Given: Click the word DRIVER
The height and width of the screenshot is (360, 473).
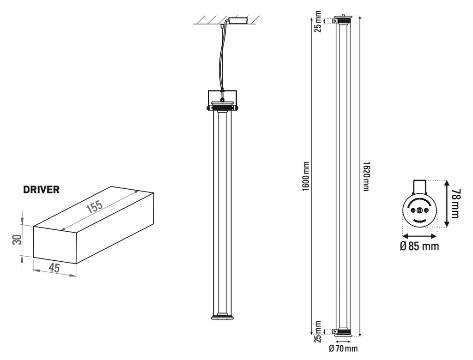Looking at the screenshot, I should [41, 190].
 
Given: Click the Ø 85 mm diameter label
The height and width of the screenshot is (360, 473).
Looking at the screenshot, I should [419, 246].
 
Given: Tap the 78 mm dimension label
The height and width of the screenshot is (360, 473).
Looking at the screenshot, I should [456, 204].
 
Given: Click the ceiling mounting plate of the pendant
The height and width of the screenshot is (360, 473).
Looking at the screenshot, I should [238, 20].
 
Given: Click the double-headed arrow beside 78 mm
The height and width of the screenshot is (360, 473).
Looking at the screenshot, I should [447, 204].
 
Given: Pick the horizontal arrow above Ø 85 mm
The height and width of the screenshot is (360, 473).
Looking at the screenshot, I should [419, 234].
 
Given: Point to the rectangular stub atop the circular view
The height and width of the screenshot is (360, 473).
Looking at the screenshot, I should [420, 186].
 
